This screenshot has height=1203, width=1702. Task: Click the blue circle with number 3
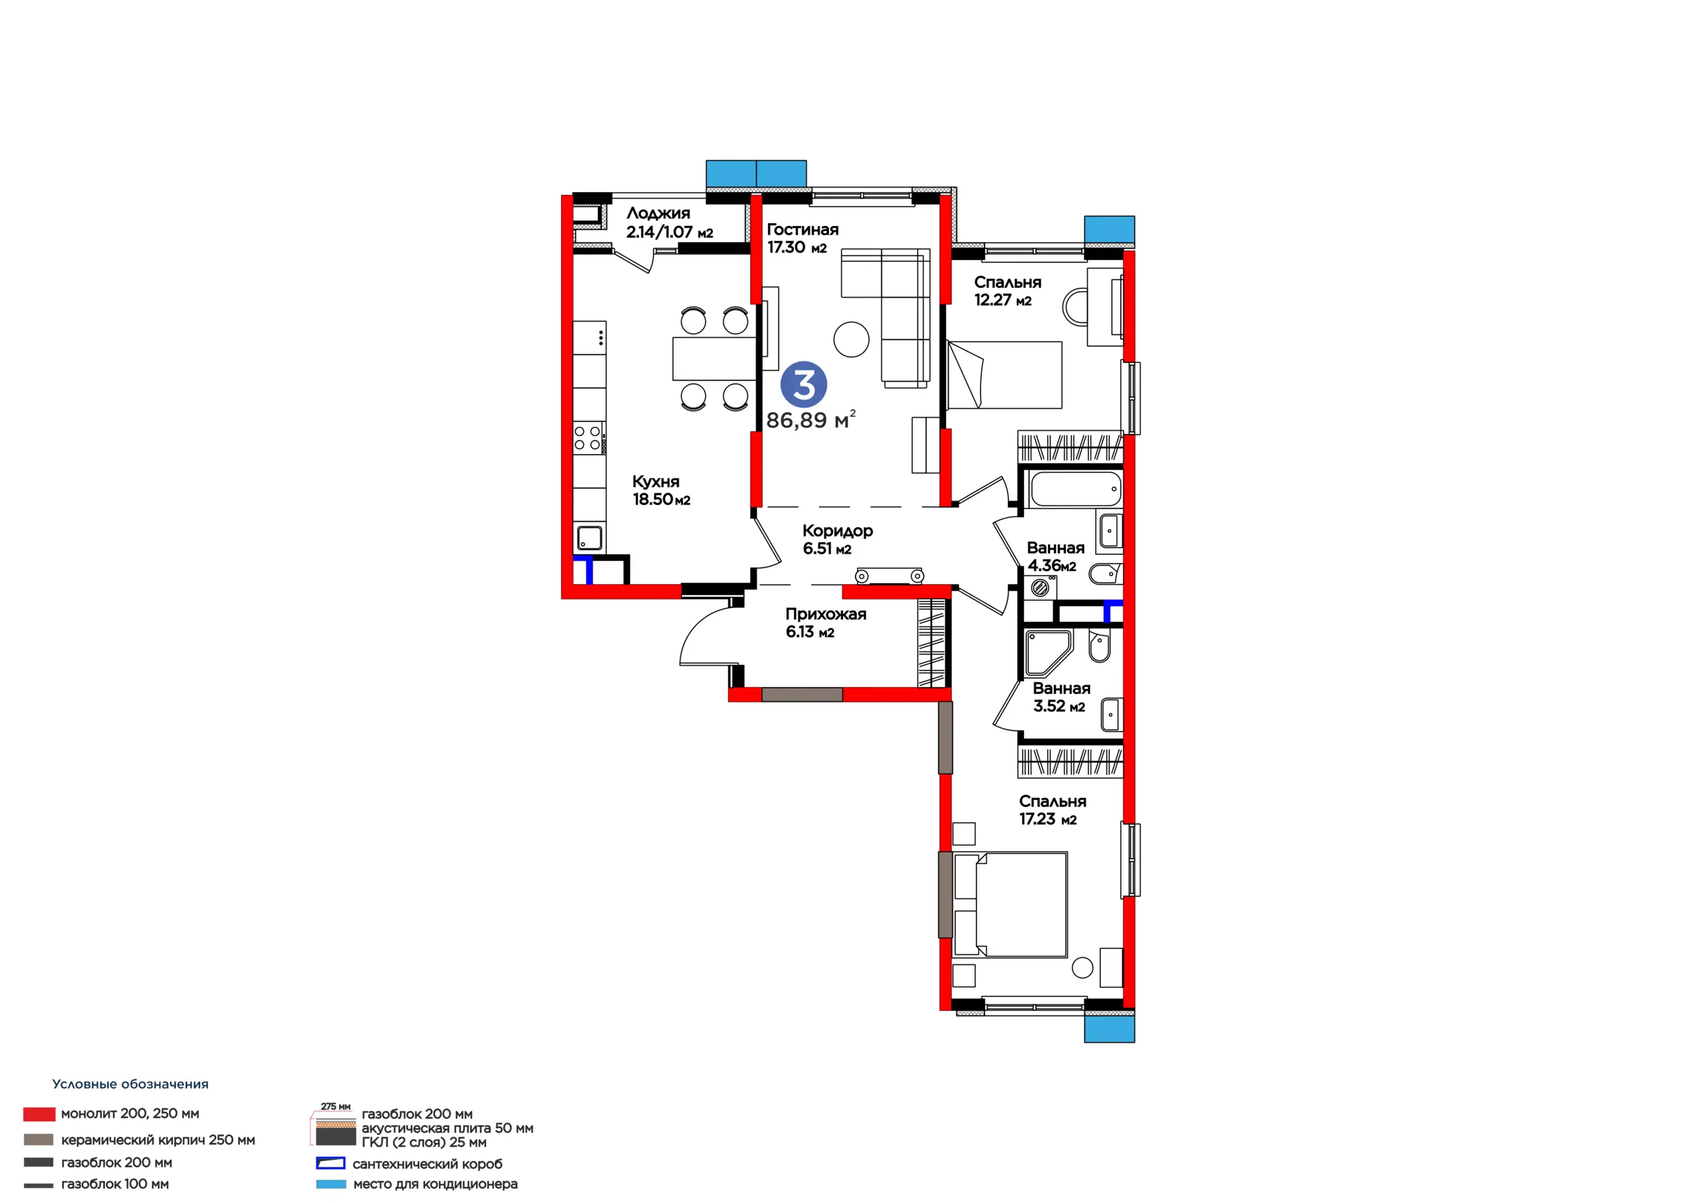click(x=804, y=385)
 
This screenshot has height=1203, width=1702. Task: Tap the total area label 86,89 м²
click(x=811, y=419)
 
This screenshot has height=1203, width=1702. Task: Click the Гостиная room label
click(x=803, y=230)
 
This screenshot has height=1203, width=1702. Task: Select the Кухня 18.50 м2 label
click(x=662, y=491)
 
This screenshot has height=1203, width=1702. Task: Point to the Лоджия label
click(x=658, y=213)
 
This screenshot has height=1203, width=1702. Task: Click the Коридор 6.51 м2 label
click(x=838, y=540)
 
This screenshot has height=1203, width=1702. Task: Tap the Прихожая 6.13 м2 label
click(x=826, y=623)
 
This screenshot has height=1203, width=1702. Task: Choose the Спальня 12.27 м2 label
click(x=1007, y=291)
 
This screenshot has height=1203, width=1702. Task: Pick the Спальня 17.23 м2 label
click(x=1052, y=810)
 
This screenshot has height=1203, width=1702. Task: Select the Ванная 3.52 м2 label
click(x=1062, y=697)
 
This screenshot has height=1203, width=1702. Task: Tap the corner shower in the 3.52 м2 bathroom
click(x=1046, y=651)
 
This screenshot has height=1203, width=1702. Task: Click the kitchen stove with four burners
click(x=589, y=438)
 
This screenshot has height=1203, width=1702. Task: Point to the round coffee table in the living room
click(x=851, y=340)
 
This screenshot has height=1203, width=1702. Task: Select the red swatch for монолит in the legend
click(x=39, y=1114)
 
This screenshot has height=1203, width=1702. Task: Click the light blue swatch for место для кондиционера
click(x=330, y=1184)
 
